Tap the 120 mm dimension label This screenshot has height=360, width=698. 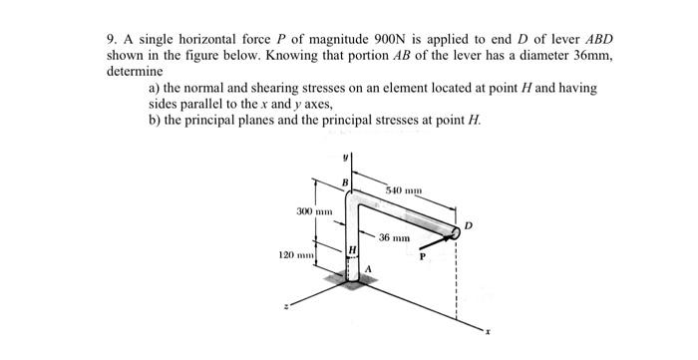(295, 257)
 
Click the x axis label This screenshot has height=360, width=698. (488, 328)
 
